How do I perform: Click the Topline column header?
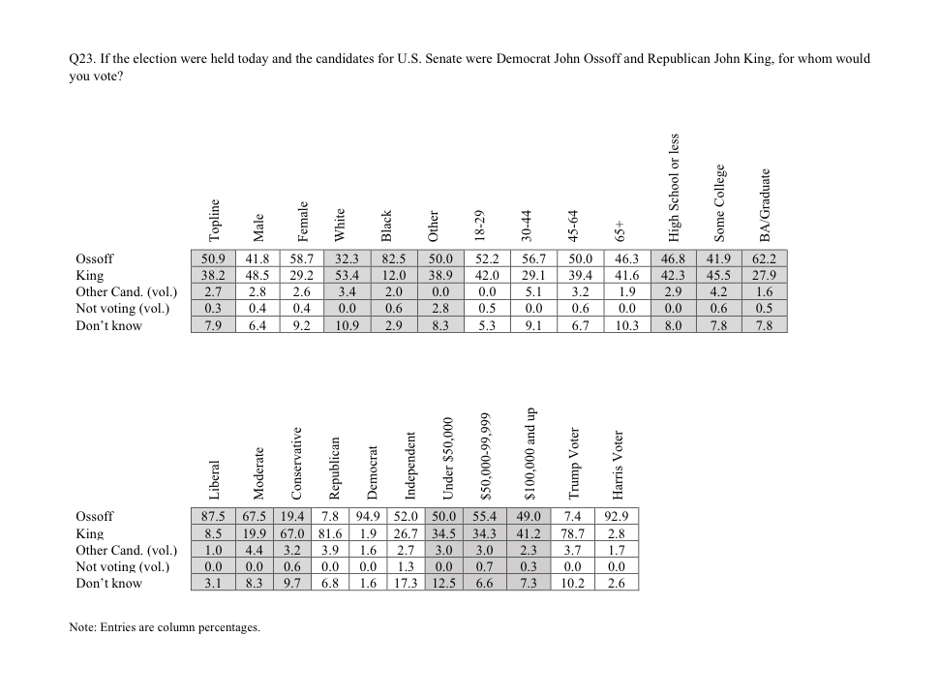pyautogui.click(x=215, y=219)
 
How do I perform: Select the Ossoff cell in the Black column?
pyautogui.click(x=393, y=258)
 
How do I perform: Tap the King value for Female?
pyautogui.click(x=303, y=275)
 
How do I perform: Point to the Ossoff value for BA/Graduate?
pyautogui.click(x=765, y=258)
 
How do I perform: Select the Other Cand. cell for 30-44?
pyautogui.click(x=532, y=291)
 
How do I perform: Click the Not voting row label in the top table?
pyautogui.click(x=123, y=309)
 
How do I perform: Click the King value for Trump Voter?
pyautogui.click(x=574, y=533)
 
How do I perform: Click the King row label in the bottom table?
pyautogui.click(x=90, y=533)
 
